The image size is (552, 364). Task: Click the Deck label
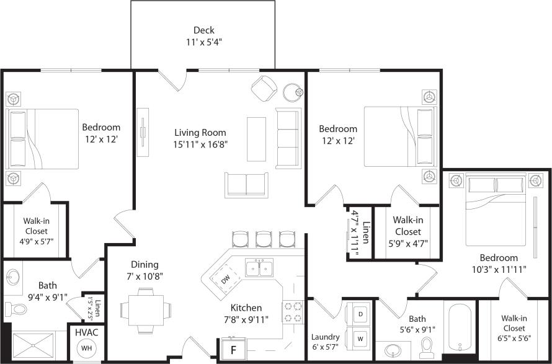(x=203, y=30)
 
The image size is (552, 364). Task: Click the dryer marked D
(x=360, y=313)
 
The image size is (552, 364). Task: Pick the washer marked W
(x=360, y=339)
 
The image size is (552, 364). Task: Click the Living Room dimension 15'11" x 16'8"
(x=200, y=144)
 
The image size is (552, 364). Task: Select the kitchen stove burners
(x=292, y=311)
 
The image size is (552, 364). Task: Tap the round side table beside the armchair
(x=293, y=92)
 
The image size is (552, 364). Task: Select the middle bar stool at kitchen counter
(x=264, y=239)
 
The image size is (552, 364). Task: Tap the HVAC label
(x=86, y=332)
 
